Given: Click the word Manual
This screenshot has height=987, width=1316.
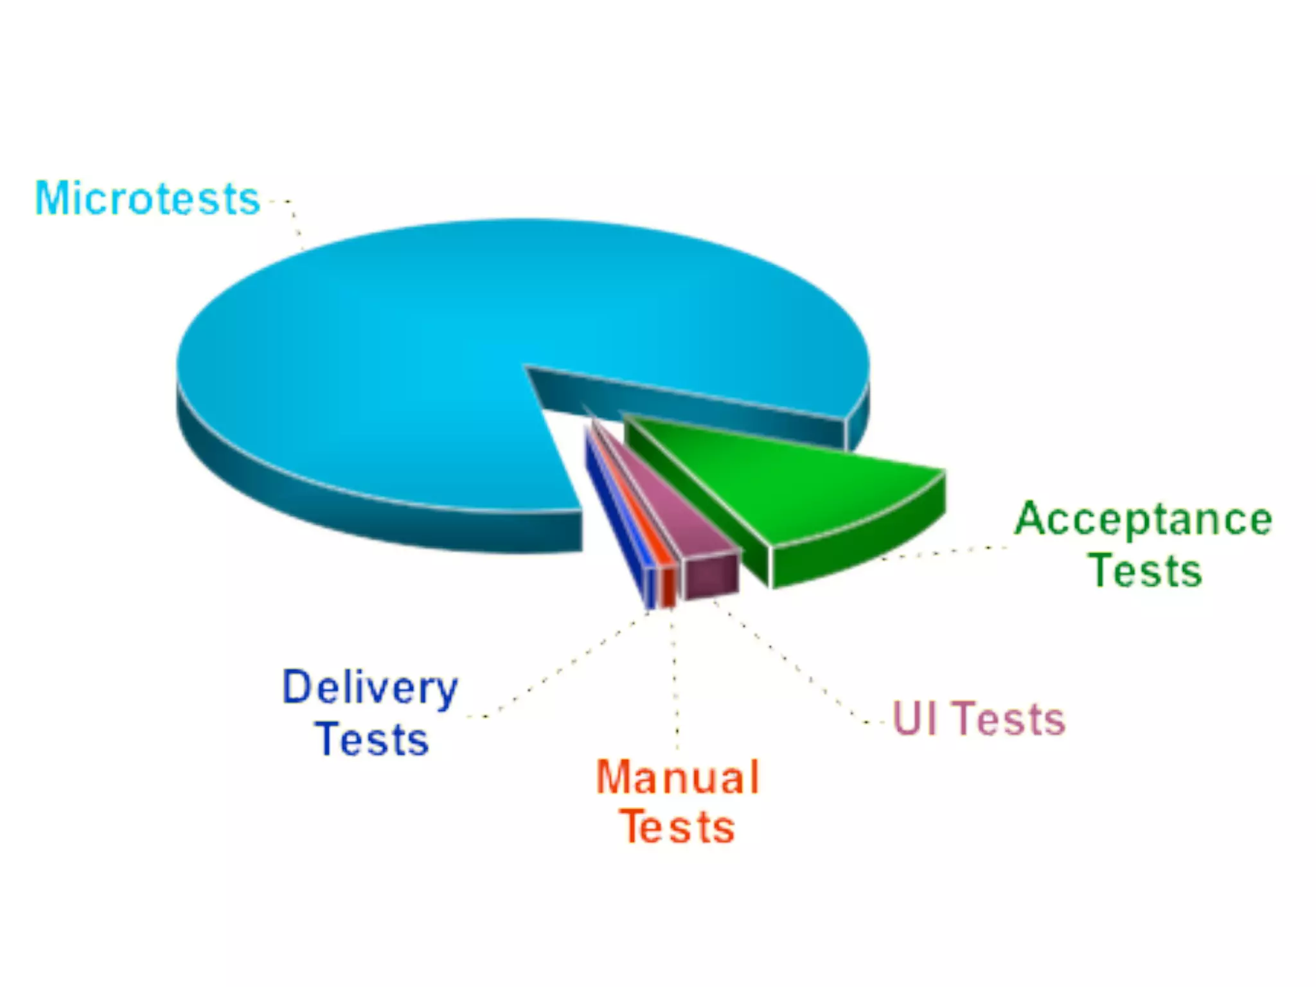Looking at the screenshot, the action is click(679, 778).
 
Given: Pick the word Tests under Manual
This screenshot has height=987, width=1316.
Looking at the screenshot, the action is click(677, 828).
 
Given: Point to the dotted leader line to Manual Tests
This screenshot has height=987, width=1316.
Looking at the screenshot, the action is click(675, 681).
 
